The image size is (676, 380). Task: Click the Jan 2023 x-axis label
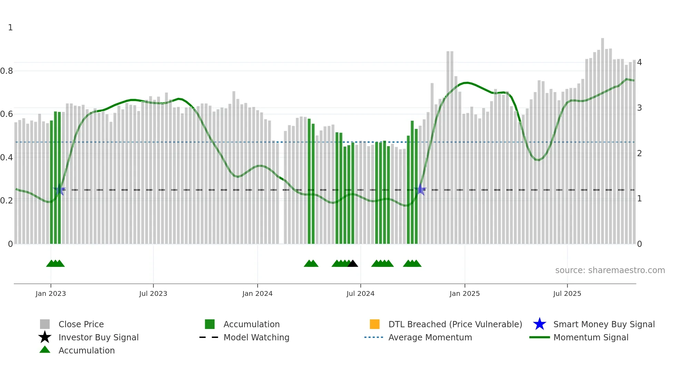point(50,293)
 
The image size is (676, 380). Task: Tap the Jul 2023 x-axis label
point(153,293)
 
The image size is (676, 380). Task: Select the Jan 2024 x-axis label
point(257,293)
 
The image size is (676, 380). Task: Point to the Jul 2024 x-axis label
point(360,293)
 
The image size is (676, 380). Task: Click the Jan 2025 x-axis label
point(465,293)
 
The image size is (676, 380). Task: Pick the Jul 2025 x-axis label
point(567,293)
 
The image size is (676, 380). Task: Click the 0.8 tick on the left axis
point(7,71)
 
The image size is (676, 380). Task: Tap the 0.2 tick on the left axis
point(7,201)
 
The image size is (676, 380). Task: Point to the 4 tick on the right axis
point(639,62)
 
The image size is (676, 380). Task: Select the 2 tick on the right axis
point(639,153)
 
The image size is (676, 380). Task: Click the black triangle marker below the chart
point(352,264)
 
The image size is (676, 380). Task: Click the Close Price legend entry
point(81,324)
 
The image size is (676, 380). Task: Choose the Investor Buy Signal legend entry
point(98,337)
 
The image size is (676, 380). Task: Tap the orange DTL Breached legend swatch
point(375,324)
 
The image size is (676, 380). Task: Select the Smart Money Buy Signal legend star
point(539,324)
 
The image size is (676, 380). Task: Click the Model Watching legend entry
point(256,337)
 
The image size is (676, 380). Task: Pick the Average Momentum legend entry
point(430,337)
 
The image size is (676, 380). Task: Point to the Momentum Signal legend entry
point(591,337)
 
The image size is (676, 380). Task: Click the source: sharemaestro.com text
point(610,270)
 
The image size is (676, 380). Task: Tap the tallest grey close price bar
point(603,138)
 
